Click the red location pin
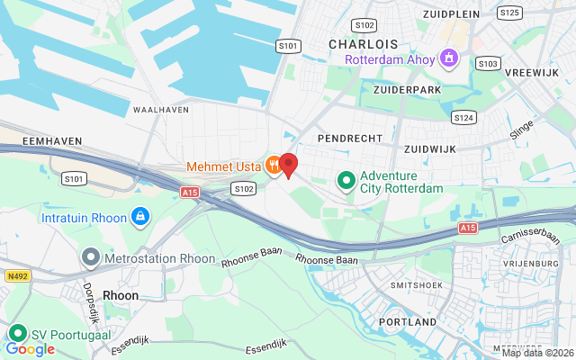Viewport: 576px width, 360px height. pos(288,165)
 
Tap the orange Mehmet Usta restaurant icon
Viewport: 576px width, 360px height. pos(271,166)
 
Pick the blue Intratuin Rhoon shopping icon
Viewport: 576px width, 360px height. pos(139,217)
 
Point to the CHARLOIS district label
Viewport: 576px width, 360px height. pos(363,43)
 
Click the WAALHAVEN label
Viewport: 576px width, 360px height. pos(160,109)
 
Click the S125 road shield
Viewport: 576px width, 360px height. pos(509,13)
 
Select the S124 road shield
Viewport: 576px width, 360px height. pos(464,117)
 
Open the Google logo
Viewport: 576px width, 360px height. pos(30,348)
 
